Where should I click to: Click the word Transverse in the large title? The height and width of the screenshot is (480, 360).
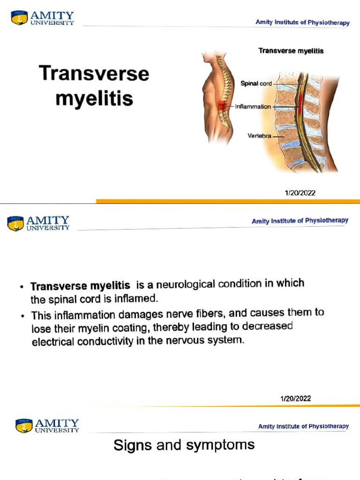tap(94, 74)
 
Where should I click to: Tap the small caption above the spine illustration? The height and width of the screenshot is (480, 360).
tap(291, 51)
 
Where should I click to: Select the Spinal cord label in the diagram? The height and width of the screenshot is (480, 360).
tap(256, 83)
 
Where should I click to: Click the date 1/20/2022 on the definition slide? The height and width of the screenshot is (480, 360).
tap(295, 399)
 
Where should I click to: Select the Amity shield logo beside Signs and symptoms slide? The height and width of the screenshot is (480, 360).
tap(23, 425)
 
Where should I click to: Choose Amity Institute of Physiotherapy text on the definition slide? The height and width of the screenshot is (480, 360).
tap(300, 221)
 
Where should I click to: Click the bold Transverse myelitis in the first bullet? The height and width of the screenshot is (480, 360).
tap(80, 286)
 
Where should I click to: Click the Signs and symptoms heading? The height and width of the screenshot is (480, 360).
tap(184, 444)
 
